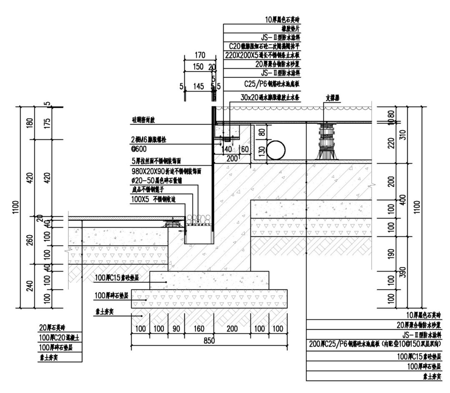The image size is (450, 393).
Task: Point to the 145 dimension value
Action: coord(199,86)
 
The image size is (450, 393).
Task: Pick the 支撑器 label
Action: coord(333,99)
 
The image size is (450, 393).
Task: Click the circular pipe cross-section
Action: coord(276,150)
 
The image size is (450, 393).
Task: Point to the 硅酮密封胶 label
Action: coord(144,119)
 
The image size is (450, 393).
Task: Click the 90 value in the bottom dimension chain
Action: coord(176,329)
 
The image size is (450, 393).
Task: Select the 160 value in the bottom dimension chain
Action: coord(199,329)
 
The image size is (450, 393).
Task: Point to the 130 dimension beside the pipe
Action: coord(261,151)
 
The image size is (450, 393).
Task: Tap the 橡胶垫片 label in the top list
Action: coord(288,28)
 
